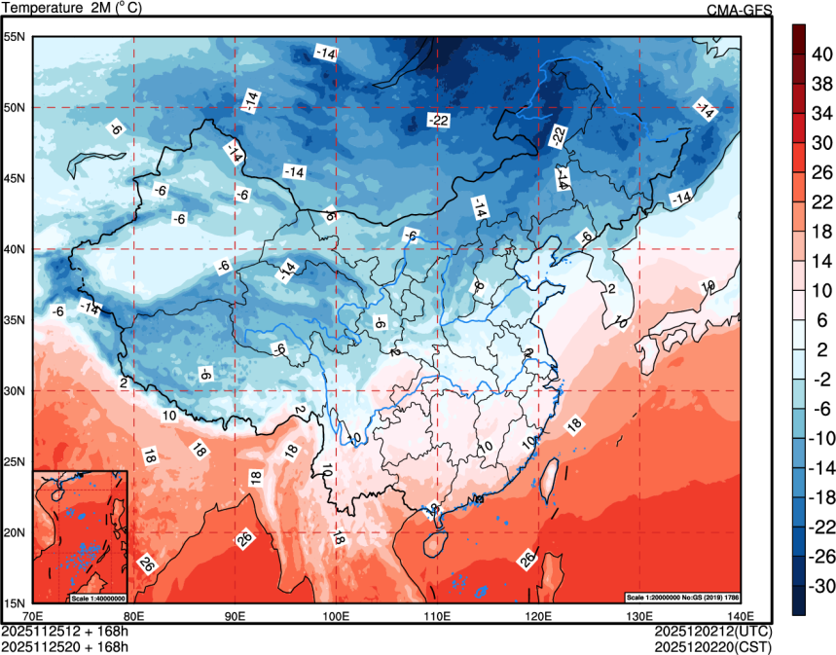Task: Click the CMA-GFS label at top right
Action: click(739, 10)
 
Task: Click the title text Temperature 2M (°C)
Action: click(70, 9)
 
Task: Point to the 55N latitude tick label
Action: click(16, 37)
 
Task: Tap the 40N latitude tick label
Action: click(16, 249)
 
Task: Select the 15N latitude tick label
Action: click(16, 602)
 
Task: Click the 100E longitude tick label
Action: click(336, 615)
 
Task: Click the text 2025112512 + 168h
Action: click(65, 632)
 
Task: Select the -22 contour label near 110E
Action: click(438, 121)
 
